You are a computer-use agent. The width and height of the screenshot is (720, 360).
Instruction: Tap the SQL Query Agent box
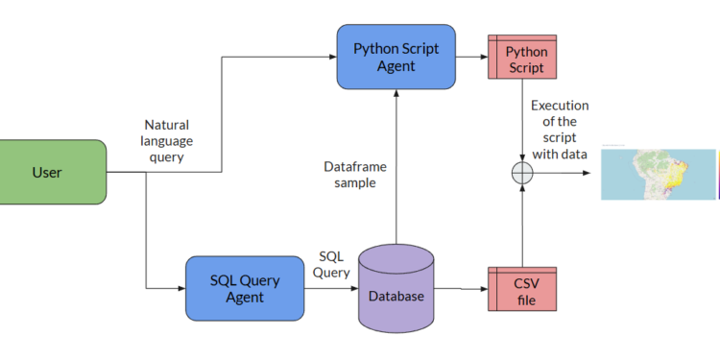[244, 288]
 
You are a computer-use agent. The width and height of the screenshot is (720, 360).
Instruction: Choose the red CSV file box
[524, 288]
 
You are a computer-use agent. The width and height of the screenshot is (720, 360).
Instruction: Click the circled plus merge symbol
[522, 174]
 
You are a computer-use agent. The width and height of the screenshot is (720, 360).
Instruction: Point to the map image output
[658, 174]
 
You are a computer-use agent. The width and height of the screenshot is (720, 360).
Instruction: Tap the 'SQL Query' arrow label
[331, 265]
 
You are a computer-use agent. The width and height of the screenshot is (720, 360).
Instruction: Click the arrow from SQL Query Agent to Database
[332, 288]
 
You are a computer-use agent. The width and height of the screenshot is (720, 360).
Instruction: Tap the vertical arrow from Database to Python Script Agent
[395, 163]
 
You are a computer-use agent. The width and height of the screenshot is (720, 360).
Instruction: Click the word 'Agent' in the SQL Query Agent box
[244, 298]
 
